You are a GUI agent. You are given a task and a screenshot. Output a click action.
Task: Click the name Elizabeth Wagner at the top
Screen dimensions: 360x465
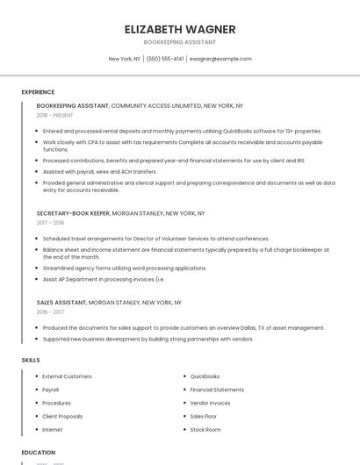click(180, 29)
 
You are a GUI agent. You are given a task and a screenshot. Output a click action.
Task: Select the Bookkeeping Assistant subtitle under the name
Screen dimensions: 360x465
click(180, 42)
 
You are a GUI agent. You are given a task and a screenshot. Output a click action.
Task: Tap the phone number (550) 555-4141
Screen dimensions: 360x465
click(165, 59)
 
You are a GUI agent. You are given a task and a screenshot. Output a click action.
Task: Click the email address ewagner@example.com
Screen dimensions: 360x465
click(220, 59)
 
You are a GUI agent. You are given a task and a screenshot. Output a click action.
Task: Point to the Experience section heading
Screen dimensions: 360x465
click(38, 92)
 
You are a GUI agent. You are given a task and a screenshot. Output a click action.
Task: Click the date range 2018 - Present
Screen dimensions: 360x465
click(54, 115)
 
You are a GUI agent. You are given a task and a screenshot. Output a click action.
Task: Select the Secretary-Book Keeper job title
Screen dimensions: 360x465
click(74, 213)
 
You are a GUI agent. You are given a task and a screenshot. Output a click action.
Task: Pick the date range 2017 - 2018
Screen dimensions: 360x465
click(50, 223)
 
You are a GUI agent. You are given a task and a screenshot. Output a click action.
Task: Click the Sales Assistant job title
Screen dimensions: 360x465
click(61, 302)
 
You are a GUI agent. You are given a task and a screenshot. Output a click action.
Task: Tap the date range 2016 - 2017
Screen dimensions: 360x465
click(50, 311)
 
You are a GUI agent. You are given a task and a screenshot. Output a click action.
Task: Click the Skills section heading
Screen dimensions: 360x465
click(30, 360)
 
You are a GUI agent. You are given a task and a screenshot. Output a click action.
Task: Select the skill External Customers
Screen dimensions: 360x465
click(67, 376)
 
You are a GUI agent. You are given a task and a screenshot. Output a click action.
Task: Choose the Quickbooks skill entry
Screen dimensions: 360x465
click(205, 376)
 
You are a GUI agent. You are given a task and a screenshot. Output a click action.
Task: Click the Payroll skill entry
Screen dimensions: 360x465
click(51, 390)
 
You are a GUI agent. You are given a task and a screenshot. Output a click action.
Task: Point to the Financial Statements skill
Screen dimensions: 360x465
click(217, 390)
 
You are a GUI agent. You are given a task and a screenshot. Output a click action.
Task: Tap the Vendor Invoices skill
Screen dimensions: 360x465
click(210, 403)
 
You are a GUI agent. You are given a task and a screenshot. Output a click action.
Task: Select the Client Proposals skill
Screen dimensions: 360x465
click(62, 416)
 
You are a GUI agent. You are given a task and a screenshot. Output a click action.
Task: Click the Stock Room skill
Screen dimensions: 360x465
click(205, 430)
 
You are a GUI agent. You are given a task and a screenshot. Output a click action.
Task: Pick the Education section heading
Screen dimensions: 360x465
click(38, 453)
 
